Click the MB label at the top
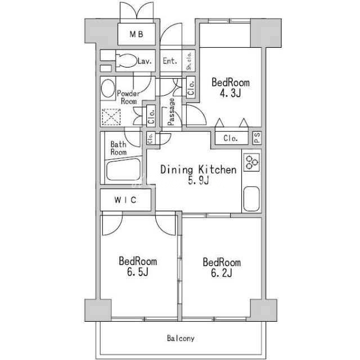(136, 34)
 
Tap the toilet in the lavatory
(125, 61)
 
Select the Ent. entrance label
(170, 61)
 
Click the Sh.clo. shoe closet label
(189, 61)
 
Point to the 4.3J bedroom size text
(231, 93)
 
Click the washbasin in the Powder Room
(108, 88)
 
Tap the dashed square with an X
(111, 117)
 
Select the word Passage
(171, 112)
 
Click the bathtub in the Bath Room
(124, 170)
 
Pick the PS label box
(257, 138)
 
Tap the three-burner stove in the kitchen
(252, 162)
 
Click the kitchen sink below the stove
(251, 199)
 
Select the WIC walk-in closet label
(125, 200)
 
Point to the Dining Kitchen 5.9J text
(199, 175)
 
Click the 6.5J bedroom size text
(137, 272)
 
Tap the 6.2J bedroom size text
(222, 273)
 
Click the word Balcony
(181, 338)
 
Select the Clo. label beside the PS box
(231, 138)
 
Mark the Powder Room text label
(128, 97)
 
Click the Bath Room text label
(119, 148)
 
